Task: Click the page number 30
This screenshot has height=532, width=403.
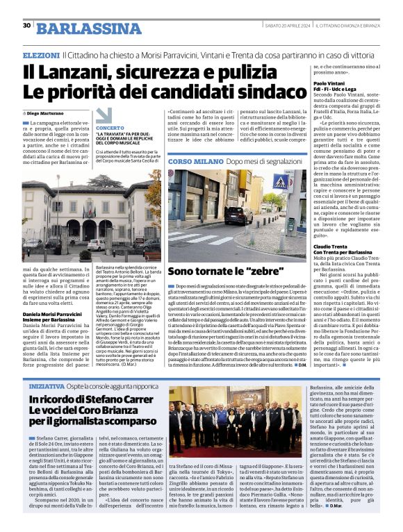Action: (x=26, y=26)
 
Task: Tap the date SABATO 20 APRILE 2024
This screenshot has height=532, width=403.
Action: (x=283, y=26)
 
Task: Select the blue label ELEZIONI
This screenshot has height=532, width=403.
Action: (x=41, y=54)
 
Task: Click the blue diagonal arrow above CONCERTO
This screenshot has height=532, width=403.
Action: (x=104, y=115)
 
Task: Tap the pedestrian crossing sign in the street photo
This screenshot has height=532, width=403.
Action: (x=281, y=183)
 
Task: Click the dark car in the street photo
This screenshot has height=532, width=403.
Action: (x=238, y=215)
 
